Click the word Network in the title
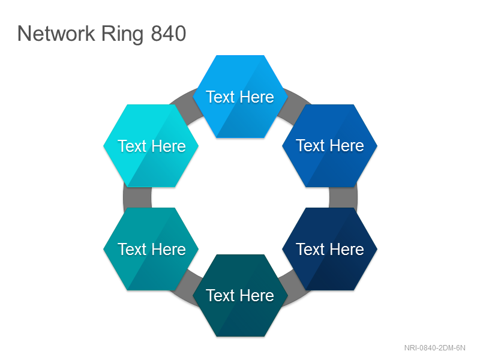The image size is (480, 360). [x=56, y=34]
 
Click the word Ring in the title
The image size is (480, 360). [x=122, y=35]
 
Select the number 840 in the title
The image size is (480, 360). [x=169, y=34]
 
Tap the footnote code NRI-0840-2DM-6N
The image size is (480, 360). [x=434, y=348]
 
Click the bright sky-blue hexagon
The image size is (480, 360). [x=241, y=97]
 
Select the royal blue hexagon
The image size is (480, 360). [x=329, y=146]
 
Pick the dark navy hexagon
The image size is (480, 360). [x=329, y=249]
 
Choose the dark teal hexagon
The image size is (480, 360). [x=241, y=295]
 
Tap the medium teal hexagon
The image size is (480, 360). [x=151, y=249]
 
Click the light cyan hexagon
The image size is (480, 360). [x=151, y=146]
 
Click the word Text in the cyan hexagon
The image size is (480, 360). [x=132, y=146]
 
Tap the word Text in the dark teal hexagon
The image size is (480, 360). [x=220, y=296]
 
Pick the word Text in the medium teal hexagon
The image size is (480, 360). [x=132, y=250]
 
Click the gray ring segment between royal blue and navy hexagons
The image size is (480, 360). [x=343, y=197]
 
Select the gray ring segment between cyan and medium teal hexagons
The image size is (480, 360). [x=137, y=197]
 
